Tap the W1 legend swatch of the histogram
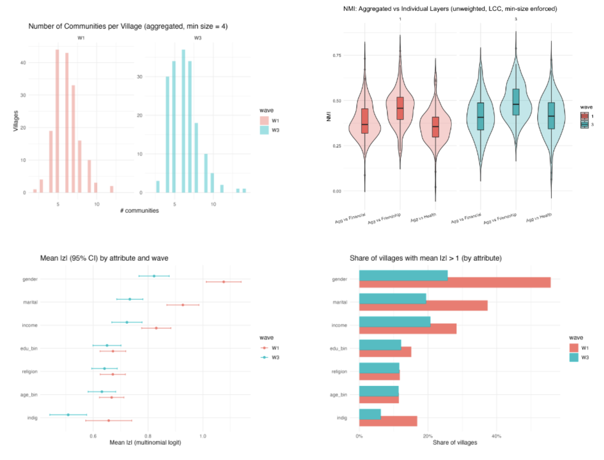pos(264,121)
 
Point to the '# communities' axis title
pos(139,210)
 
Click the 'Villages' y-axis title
pos(16,121)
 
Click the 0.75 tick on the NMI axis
pos(337,56)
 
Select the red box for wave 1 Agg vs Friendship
pos(400,108)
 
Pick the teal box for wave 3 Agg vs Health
pos(551,116)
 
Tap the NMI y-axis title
pos(329,117)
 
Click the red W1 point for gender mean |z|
pos(224,282)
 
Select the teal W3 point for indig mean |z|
pos(68,415)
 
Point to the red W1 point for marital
pos(183,305)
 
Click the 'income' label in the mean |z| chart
pos(30,325)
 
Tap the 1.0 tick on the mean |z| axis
pos(203,436)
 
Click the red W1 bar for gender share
pos(455,283)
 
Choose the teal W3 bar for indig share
pos(370,414)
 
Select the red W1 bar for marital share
pos(423,306)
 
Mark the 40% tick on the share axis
pos(496,436)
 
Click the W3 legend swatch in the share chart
pos(574,357)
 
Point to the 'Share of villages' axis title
pos(455,442)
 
